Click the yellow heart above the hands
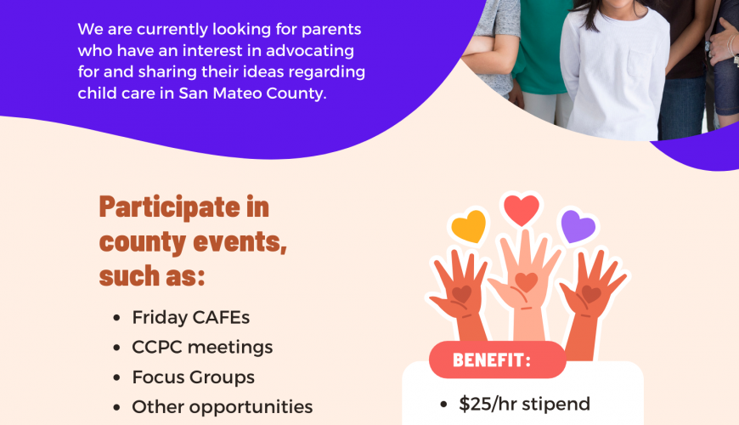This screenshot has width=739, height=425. [469, 226]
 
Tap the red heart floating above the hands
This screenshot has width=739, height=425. [522, 210]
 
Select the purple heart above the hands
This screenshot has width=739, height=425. [578, 226]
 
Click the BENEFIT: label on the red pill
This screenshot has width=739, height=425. [492, 360]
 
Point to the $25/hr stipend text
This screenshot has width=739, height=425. [525, 405]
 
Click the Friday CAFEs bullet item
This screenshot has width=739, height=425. [191, 317]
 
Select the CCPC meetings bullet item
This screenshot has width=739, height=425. [202, 347]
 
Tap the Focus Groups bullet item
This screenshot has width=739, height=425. [193, 377]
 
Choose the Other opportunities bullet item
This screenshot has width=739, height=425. [223, 407]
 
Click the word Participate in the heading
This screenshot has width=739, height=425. [170, 207]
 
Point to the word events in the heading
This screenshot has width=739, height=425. [240, 242]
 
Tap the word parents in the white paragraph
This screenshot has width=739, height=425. [331, 29]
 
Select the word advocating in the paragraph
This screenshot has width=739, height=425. [310, 50]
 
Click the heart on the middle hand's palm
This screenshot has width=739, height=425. [527, 282]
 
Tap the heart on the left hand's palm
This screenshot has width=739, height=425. [462, 294]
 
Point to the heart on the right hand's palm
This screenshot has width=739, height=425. [591, 294]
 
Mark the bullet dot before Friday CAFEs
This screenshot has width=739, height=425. [117, 318]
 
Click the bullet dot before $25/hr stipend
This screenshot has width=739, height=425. [443, 405]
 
